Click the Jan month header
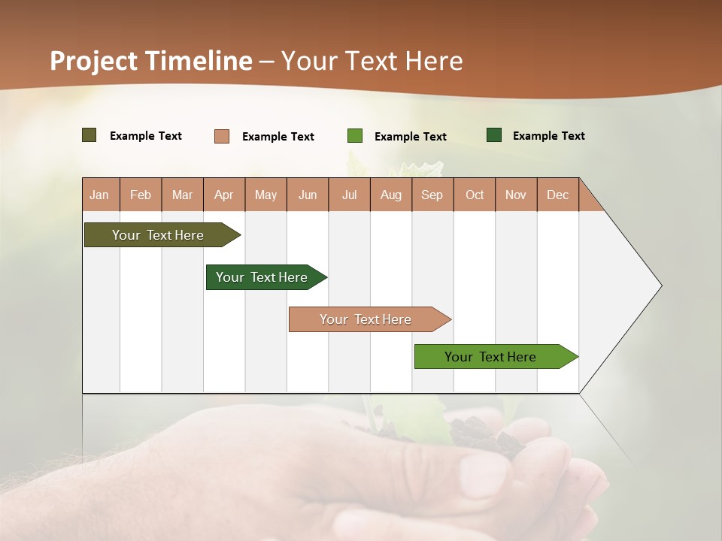point(100,195)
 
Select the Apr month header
point(224,195)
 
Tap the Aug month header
point(391,195)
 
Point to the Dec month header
point(557,195)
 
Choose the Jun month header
point(308,195)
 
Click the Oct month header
point(475,195)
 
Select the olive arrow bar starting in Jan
point(158,235)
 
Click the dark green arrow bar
point(262,277)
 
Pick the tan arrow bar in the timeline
point(366,319)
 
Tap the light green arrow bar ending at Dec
point(490,357)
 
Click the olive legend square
point(89,135)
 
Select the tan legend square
point(221,136)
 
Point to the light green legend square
point(355,136)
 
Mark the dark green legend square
point(494,135)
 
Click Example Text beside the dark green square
point(548,135)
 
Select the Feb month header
point(141,195)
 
